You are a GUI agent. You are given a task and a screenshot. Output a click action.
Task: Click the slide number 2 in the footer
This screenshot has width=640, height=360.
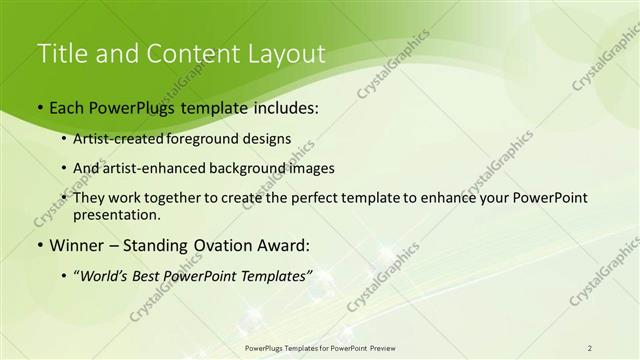pyautogui.click(x=590, y=347)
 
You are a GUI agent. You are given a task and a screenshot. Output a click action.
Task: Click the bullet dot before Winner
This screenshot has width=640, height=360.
pyautogui.click(x=40, y=245)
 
